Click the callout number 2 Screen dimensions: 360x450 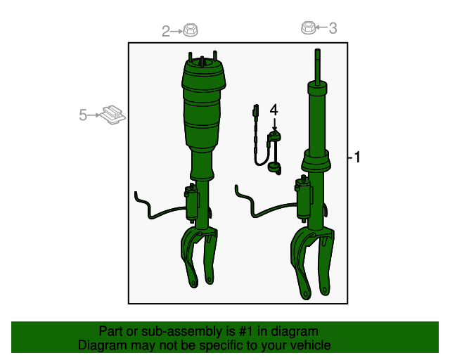click(x=167, y=31)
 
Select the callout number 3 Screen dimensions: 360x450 click(x=333, y=28)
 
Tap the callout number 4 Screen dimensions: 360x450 click(x=274, y=110)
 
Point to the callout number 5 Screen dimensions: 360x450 click(x=83, y=115)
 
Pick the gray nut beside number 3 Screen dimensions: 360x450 click(x=307, y=27)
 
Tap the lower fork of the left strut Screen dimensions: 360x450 click(x=198, y=257)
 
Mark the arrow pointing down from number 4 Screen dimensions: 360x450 click(x=274, y=123)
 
